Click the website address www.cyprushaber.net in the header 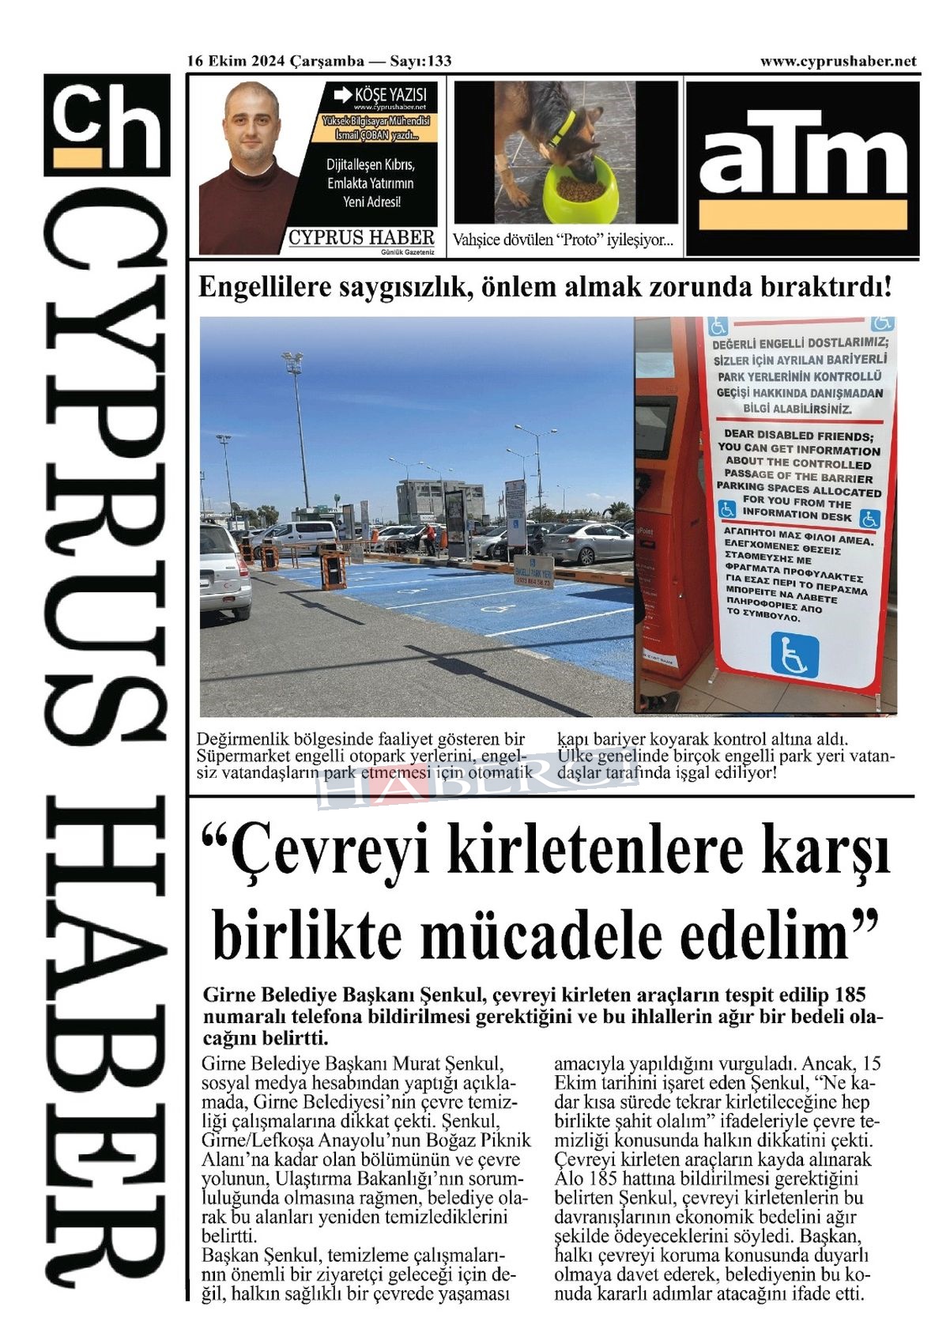(838, 62)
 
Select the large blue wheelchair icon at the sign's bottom (794, 655)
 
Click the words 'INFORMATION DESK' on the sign (797, 515)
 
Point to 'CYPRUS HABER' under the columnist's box (361, 237)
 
